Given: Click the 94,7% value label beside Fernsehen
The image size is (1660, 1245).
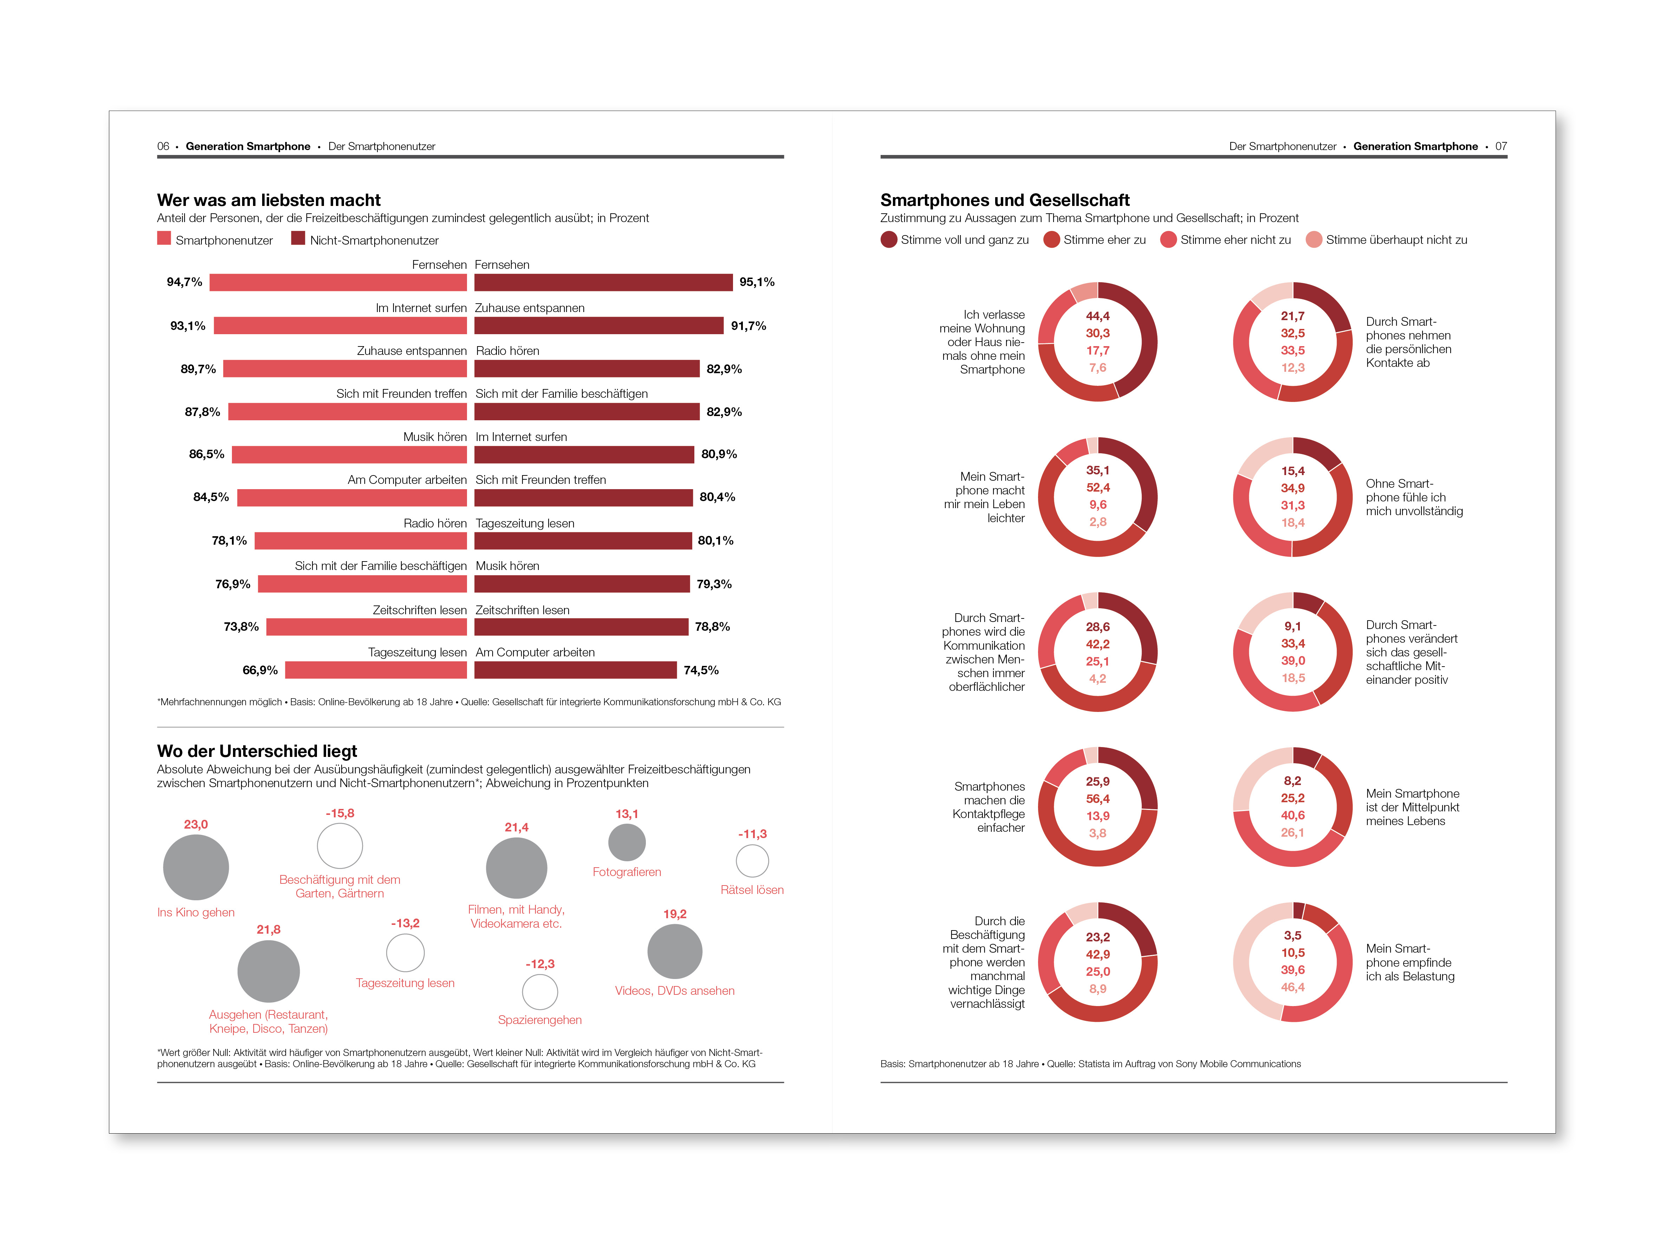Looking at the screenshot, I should tap(184, 282).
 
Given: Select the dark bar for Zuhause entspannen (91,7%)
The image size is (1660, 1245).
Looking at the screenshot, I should tap(599, 326).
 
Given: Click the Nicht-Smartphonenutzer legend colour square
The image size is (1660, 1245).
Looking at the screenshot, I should tap(298, 239).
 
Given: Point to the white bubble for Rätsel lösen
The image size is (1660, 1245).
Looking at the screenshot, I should tap(752, 861).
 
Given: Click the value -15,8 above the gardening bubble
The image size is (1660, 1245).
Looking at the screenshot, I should tap(340, 813).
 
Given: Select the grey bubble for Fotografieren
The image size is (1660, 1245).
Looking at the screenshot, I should tap(627, 842).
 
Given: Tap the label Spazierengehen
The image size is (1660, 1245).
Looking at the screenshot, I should tap(540, 1020).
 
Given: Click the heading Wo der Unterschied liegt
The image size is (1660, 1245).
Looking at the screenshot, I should tap(257, 751).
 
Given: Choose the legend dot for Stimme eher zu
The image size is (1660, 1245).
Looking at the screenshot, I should tap(1051, 239).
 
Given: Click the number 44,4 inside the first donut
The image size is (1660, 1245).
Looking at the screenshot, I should tap(1097, 316).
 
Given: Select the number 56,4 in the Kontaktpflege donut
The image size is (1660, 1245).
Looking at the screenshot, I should tap(1097, 798).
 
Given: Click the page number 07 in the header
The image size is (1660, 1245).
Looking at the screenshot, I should tap(1501, 146).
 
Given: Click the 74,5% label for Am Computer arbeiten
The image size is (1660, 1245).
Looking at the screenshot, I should tap(701, 670).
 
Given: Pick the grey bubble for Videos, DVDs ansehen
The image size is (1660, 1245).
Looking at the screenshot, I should tap(675, 952).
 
